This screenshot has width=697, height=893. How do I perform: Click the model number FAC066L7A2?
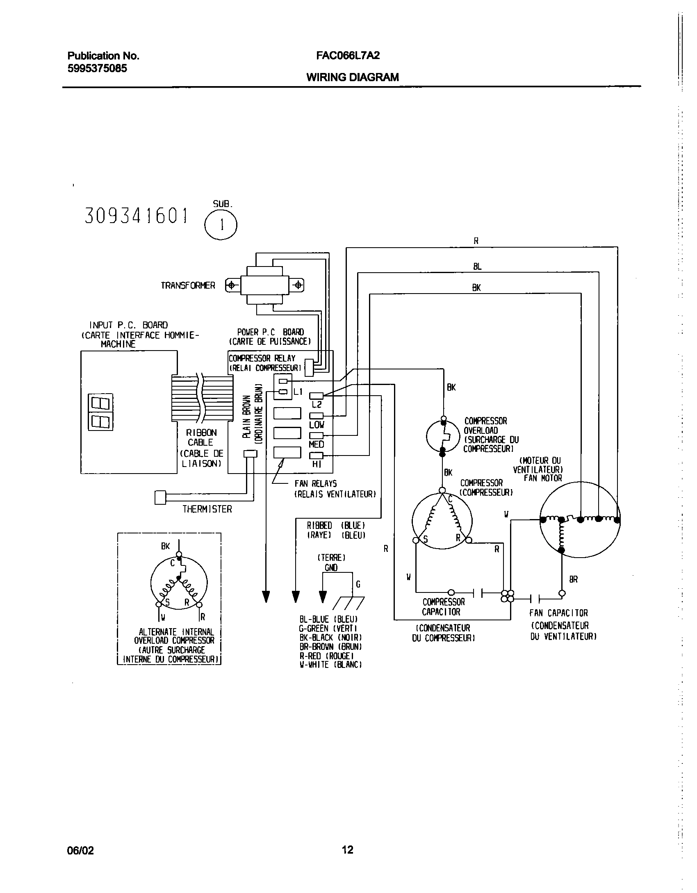pyautogui.click(x=348, y=56)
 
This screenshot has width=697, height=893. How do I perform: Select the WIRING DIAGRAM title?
pyautogui.click(x=352, y=77)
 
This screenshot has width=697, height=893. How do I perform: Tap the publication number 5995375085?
pyautogui.click(x=97, y=68)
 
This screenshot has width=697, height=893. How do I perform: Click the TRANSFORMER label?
pyautogui.click(x=188, y=286)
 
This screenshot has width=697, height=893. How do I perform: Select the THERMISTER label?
pyautogui.click(x=207, y=509)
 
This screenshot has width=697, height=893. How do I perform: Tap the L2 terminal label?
pyautogui.click(x=317, y=405)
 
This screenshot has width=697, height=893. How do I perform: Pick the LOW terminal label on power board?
pyautogui.click(x=317, y=425)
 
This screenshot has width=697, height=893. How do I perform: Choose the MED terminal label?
pyautogui.click(x=317, y=444)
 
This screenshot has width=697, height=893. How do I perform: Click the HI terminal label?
pyautogui.click(x=317, y=465)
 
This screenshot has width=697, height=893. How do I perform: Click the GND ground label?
pyautogui.click(x=331, y=568)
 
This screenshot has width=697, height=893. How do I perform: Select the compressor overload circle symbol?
pyautogui.click(x=442, y=437)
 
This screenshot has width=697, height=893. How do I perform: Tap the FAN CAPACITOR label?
pyautogui.click(x=558, y=613)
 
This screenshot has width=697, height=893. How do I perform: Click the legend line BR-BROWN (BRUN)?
pyautogui.click(x=330, y=647)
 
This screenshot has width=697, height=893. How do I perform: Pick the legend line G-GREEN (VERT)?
pyautogui.click(x=328, y=629)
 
